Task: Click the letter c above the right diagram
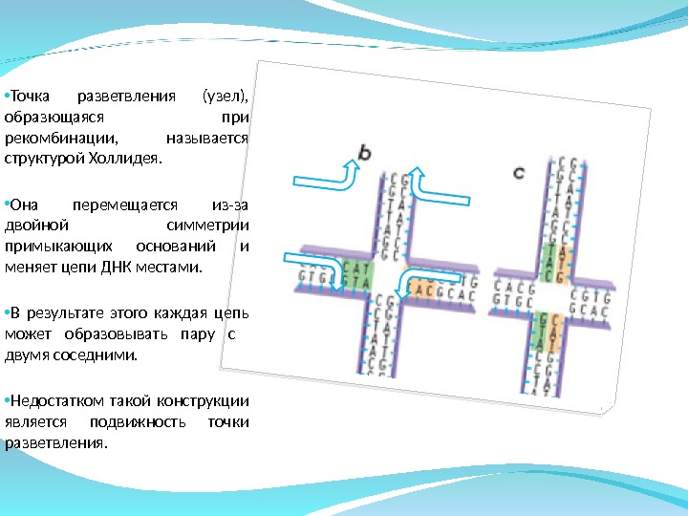click(x=518, y=173)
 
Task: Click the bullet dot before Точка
click(x=5, y=96)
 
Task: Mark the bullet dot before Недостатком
click(x=5, y=400)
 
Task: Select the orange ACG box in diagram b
click(x=420, y=286)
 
